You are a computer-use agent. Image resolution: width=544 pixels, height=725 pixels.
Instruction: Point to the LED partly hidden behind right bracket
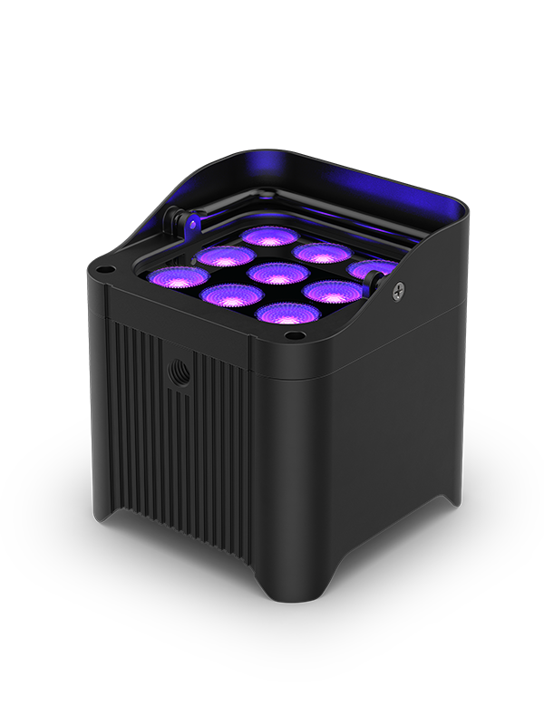374,269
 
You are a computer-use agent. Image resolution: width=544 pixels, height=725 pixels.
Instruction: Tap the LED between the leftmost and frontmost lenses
228,295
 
